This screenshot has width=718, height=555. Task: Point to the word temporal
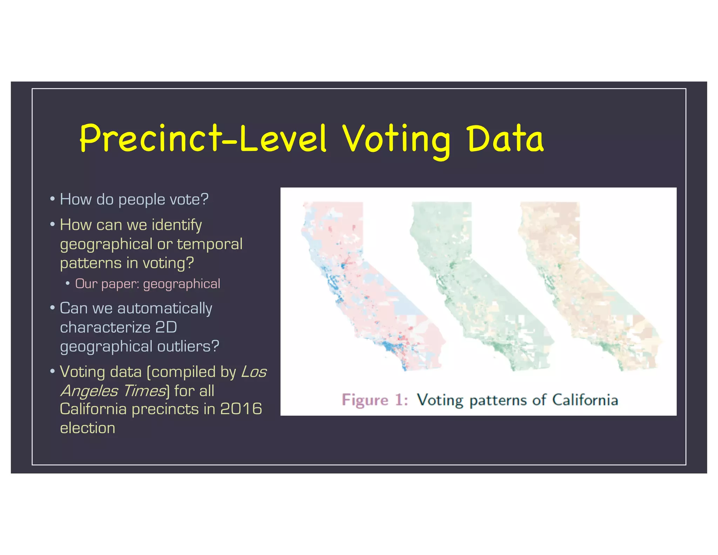click(210, 244)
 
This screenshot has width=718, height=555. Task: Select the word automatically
click(165, 309)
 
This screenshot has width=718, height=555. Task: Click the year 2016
click(241, 409)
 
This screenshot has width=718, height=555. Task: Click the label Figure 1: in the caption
click(374, 400)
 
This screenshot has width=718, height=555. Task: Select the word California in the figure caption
click(585, 400)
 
